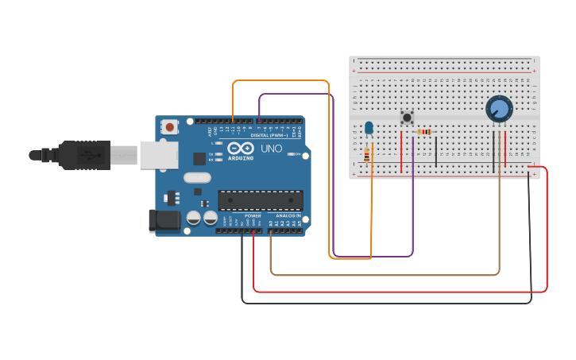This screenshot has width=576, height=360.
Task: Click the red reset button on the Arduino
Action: pos(169,126)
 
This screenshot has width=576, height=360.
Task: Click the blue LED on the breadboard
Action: pos(369,127)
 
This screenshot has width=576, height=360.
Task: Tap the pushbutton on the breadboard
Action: pos(407,118)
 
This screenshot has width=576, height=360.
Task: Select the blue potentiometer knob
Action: pos(499,108)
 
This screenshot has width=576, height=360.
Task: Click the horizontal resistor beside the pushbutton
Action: pos(424,132)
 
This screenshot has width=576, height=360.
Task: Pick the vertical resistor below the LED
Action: pos(366,154)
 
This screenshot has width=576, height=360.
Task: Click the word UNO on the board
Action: pos(272,149)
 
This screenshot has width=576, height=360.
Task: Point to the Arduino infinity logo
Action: pos(240,148)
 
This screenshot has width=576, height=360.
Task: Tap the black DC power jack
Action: pos(164,220)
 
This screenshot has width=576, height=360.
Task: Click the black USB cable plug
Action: pos(83,155)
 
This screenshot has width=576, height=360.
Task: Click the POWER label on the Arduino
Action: pos(253,215)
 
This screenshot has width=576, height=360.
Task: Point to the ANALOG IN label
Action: pos(288,215)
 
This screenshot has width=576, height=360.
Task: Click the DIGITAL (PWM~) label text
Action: pos(269,135)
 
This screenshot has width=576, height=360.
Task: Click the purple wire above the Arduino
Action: pos(294,94)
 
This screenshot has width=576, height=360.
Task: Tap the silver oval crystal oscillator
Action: pos(198,178)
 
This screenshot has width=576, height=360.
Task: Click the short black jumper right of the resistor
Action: pos(435,151)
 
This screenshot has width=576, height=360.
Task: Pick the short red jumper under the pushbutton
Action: pos(401,151)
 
